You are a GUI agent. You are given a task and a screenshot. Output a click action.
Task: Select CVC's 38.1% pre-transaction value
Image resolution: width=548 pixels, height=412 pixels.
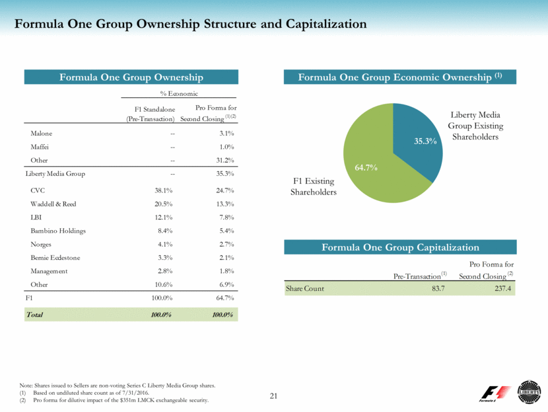click(164, 190)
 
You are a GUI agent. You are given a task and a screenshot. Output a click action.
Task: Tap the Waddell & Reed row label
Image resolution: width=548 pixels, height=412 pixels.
click(53, 204)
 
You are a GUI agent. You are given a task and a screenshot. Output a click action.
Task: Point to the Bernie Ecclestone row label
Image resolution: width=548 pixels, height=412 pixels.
click(57, 258)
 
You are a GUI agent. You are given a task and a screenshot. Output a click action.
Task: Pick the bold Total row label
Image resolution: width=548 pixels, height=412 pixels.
click(34, 315)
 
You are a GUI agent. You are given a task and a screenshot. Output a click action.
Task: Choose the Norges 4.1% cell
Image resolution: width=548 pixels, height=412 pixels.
click(164, 244)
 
